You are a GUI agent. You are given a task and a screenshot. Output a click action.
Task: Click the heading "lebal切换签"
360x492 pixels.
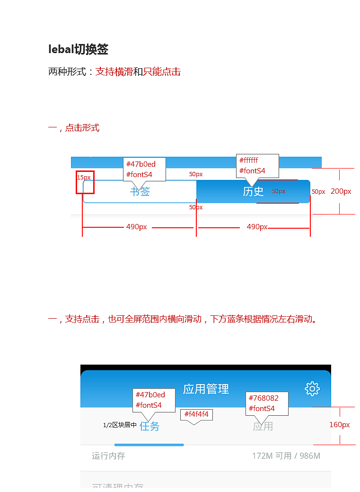click(79, 49)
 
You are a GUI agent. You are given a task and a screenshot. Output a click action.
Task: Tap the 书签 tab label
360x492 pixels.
click(140, 191)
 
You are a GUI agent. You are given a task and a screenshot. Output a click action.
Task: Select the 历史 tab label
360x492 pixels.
click(253, 191)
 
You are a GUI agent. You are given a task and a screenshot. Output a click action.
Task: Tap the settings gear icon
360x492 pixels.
click(312, 389)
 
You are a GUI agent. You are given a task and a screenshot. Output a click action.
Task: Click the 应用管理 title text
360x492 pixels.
click(206, 389)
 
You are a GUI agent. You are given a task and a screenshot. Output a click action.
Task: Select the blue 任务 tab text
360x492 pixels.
click(149, 426)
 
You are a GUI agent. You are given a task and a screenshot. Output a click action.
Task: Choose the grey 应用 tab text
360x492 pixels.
click(263, 426)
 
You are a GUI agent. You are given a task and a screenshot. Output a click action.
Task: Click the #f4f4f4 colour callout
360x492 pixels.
click(196, 414)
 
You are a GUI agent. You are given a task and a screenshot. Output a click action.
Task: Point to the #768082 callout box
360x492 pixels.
click(267, 403)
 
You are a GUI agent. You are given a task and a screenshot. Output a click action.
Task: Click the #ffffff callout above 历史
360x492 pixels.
click(257, 166)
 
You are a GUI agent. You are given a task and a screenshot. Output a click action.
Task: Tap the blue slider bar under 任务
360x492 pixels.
click(149, 445)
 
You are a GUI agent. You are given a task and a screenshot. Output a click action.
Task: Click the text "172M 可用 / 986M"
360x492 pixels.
click(286, 456)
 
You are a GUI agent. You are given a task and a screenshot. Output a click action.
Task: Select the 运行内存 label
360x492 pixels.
click(108, 456)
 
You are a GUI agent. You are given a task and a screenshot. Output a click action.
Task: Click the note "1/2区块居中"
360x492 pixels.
click(120, 425)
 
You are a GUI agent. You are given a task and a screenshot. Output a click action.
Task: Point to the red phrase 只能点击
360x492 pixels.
click(162, 72)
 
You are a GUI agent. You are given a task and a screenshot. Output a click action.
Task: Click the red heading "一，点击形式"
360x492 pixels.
click(74, 128)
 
